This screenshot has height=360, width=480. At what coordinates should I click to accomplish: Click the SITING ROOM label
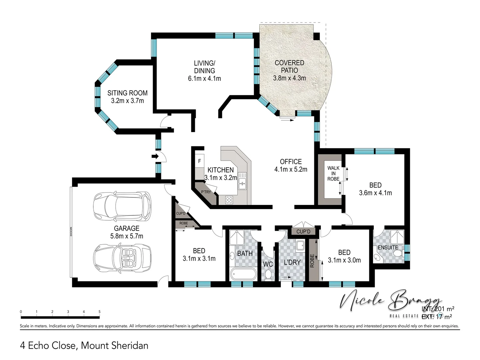(127, 93)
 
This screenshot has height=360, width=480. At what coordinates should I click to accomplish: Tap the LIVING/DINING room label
(204, 67)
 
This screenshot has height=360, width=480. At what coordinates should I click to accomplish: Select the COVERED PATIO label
(289, 66)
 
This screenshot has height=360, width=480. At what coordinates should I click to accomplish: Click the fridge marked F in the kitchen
(200, 161)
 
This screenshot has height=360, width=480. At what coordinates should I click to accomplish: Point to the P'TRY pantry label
(206, 192)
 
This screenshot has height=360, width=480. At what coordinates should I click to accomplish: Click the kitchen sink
(242, 182)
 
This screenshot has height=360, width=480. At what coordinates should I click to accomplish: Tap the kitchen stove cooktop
(229, 200)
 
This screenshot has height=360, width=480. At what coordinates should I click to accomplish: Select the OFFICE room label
(291, 162)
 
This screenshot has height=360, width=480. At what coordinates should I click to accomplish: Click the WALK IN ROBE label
(333, 173)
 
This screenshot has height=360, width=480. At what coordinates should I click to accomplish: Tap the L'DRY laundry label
(292, 262)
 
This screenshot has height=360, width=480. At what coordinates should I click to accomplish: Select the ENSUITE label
(388, 248)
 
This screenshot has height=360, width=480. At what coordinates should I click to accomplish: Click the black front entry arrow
(155, 156)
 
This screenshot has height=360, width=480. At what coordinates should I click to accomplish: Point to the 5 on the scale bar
(99, 312)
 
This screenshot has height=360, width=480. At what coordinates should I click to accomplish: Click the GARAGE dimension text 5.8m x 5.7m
(127, 236)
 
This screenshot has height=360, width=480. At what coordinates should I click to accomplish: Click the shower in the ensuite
(397, 237)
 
